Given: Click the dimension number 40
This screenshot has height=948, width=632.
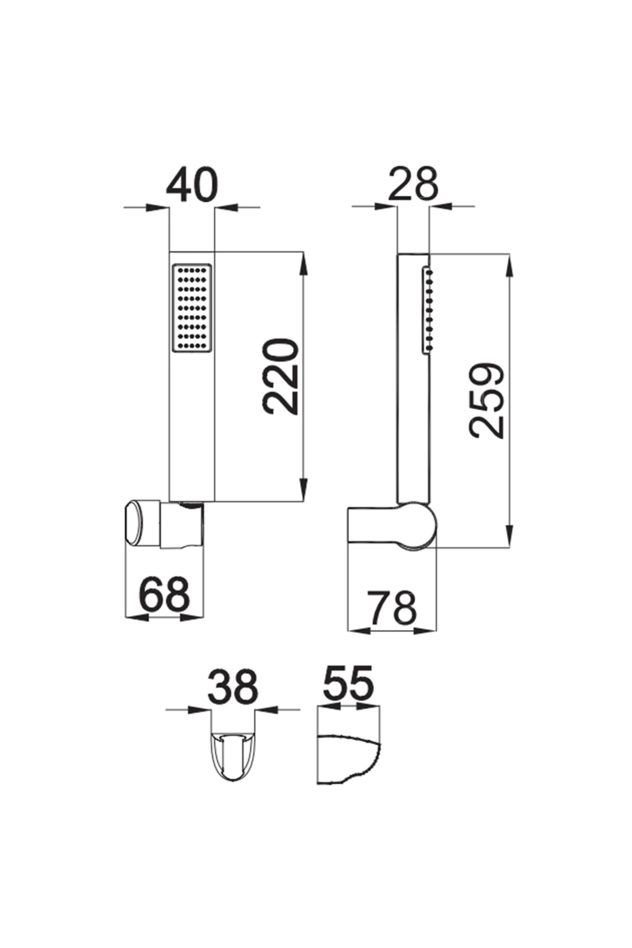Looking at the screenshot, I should click(192, 185).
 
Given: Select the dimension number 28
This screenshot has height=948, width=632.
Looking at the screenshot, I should click(413, 184).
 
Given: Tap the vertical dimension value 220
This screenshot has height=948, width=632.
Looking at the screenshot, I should click(282, 376).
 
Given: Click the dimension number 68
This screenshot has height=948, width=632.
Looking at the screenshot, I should click(164, 594).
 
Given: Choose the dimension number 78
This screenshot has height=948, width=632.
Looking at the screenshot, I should click(392, 608).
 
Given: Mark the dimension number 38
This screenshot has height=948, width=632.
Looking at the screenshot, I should click(233, 687).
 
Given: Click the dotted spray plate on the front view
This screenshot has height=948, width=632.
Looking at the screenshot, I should click(192, 307).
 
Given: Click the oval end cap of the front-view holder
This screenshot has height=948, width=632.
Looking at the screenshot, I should click(133, 525).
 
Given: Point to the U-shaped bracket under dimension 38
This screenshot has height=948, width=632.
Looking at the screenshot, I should click(233, 756).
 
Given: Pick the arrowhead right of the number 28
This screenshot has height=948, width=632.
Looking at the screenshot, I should click(441, 207).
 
